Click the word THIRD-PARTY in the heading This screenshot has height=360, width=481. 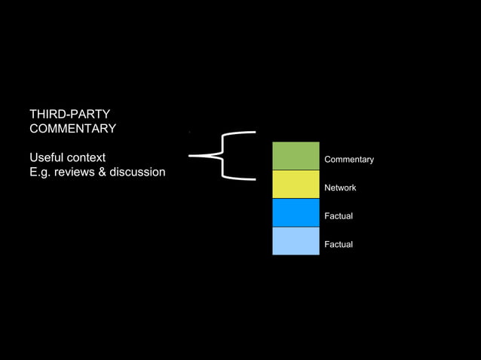pos(69,114)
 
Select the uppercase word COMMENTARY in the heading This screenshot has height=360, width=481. pos(72,129)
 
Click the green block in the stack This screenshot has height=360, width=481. pos(296,156)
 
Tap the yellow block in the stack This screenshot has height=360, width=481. pos(296,185)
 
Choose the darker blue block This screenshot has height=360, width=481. pos(296,212)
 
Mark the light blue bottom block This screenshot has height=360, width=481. pos(296,241)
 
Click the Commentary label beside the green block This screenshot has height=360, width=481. pos(349,160)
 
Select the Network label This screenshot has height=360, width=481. pos(340,188)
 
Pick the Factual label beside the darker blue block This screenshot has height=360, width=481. pos(339,216)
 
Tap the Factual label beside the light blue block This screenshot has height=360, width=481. pos(339,245)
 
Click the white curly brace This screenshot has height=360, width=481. pos(222,156)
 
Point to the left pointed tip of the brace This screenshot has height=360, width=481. pos(191,156)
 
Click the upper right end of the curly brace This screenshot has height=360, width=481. pos(253,133)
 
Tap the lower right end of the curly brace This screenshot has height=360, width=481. pos(253,179)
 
